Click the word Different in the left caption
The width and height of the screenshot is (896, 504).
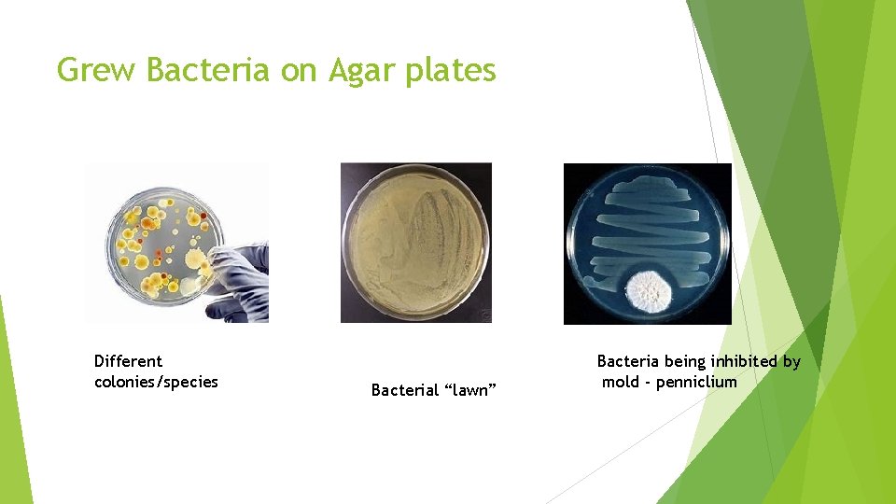(x=128, y=361)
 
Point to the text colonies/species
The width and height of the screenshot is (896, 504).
(x=156, y=382)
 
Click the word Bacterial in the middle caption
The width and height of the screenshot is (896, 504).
(x=405, y=390)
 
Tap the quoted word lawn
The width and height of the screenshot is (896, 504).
(x=472, y=390)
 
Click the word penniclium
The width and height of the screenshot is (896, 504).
(x=696, y=382)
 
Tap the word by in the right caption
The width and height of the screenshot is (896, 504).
(x=791, y=361)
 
